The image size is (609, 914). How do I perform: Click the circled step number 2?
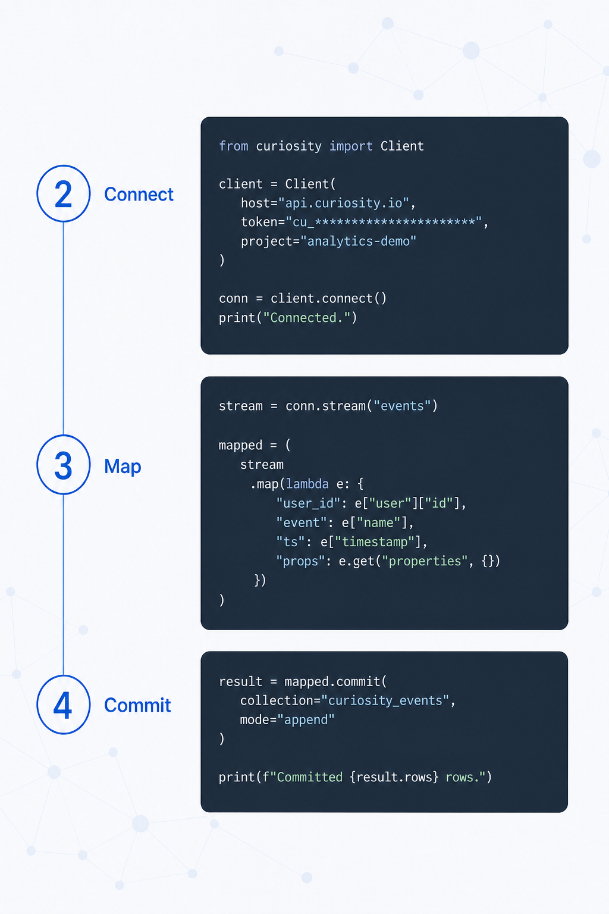click(63, 194)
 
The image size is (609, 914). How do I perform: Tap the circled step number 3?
click(63, 465)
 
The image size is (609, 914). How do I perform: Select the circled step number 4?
click(63, 705)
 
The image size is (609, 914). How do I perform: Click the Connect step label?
click(139, 194)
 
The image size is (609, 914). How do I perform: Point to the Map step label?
click(123, 467)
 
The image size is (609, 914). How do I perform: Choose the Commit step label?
click(137, 705)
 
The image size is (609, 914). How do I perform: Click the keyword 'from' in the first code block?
click(233, 146)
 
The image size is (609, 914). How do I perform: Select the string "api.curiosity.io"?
click(344, 203)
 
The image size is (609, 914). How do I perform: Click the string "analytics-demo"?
click(358, 241)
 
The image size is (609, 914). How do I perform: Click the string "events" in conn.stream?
click(402, 406)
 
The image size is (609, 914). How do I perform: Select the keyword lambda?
click(307, 484)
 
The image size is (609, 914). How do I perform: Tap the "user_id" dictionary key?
click(308, 503)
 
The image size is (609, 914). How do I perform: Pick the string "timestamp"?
click(375, 542)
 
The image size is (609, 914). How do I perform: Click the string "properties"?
click(425, 561)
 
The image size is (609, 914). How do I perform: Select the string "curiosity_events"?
click(385, 700)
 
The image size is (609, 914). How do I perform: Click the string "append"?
click(306, 719)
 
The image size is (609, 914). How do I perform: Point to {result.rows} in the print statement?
click(394, 777)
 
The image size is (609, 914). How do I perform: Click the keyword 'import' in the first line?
click(351, 146)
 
